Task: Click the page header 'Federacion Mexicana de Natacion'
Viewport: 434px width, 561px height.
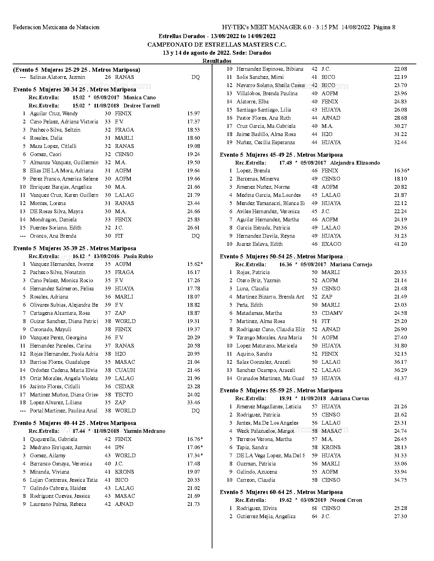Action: click(56, 27)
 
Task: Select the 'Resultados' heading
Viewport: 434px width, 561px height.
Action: click(217, 61)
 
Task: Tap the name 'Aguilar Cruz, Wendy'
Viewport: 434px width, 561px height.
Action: click(54, 114)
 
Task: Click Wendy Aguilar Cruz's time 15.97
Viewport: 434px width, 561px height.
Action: click(193, 114)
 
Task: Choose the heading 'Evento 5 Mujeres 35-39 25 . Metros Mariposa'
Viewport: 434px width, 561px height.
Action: click(75, 248)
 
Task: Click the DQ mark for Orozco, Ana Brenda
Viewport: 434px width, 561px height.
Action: click(195, 236)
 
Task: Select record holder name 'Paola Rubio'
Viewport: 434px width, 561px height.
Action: click(138, 256)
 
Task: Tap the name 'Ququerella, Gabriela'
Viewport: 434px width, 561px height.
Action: click(53, 439)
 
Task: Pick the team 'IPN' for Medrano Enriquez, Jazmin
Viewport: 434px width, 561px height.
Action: click(119, 447)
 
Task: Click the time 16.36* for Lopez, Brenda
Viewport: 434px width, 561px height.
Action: click(402, 171)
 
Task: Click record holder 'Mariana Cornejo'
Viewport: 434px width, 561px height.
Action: click(351, 265)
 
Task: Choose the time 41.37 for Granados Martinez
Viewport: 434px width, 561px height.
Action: click(400, 378)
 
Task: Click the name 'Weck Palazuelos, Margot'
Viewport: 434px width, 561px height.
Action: click(265, 431)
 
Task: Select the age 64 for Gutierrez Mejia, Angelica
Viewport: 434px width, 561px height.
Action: click(315, 516)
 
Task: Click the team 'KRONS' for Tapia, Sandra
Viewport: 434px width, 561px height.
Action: click(331, 447)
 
